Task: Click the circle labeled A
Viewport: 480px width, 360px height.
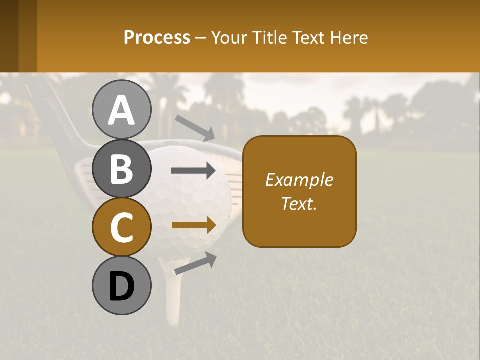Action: point(121,109)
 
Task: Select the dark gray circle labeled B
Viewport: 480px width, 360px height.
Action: point(121,168)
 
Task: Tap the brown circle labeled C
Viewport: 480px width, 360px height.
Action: point(121,227)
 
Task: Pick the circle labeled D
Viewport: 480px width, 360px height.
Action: point(121,285)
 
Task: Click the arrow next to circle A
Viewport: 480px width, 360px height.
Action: point(195,127)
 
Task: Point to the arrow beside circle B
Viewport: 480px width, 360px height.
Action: point(194,171)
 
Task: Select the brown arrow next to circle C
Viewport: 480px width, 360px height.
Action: point(194,225)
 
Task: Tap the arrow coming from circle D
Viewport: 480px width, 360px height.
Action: point(195,263)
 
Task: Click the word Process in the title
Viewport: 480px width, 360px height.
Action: point(157,37)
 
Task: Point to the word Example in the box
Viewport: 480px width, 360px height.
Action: point(299,180)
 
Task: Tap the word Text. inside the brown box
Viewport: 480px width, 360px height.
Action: point(299,203)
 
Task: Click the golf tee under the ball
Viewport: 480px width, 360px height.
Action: point(172,295)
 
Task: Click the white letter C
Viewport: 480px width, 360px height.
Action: point(121,227)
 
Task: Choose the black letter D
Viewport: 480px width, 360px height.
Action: point(121,286)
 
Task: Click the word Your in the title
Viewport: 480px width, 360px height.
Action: point(228,37)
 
